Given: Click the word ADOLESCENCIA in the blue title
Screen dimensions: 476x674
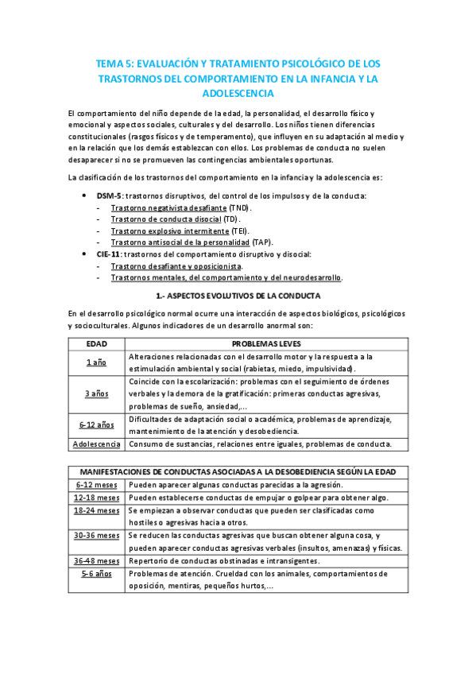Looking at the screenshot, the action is pos(238,93).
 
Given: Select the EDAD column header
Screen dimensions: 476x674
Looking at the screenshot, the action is pos(97,344).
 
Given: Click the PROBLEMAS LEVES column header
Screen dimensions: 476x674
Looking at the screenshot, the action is pos(265,344).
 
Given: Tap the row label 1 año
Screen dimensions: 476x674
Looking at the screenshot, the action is pos(97,362).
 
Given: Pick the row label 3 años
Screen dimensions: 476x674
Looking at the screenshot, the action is pos(97,393).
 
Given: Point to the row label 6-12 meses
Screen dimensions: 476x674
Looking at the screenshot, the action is pos(97,484).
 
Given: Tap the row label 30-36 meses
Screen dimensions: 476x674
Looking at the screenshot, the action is pos(97,536).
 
